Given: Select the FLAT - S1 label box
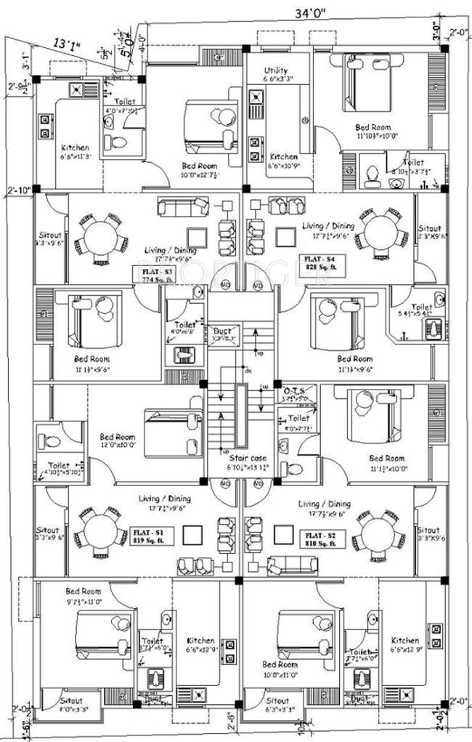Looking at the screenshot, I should pyautogui.click(x=150, y=535).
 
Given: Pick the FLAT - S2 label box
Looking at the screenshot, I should pyautogui.click(x=320, y=539).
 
